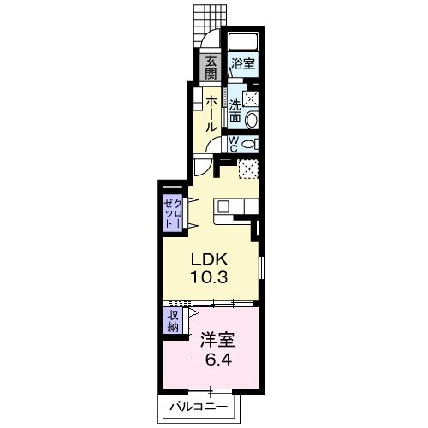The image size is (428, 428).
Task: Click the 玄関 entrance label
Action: click(x=211, y=68)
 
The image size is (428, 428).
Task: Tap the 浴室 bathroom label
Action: click(x=243, y=63)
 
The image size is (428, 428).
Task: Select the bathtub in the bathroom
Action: click(x=243, y=42)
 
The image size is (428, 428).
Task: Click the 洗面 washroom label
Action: click(x=235, y=111)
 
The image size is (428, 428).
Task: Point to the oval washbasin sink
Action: click(x=252, y=120)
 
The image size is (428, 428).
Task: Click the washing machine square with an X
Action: click(x=250, y=99)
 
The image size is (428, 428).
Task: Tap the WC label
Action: click(x=234, y=144)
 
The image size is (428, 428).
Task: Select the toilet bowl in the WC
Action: click(x=249, y=144)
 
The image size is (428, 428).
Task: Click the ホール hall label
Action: click(x=211, y=114)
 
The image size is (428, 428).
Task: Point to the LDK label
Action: click(x=209, y=259)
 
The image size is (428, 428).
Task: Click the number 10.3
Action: click(x=209, y=277)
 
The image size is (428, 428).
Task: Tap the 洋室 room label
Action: click(x=217, y=340)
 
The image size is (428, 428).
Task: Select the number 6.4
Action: click(x=218, y=360)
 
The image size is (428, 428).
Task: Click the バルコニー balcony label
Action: click(x=199, y=407)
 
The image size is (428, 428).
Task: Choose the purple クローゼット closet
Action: click(x=173, y=213)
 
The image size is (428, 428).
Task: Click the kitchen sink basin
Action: click(x=223, y=206)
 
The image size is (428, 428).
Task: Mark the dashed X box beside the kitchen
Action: click(x=248, y=169)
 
